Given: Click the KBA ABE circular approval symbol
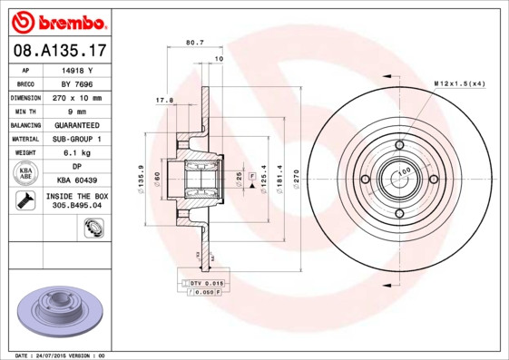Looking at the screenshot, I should (26, 173).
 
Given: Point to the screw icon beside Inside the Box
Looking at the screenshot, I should (25, 200).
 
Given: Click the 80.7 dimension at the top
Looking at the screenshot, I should (194, 42).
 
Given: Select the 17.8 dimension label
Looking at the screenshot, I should (163, 101).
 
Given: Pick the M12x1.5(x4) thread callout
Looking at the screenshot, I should (459, 83).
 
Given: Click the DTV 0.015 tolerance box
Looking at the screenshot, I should (206, 284).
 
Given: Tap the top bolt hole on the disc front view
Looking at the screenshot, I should (399, 145).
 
